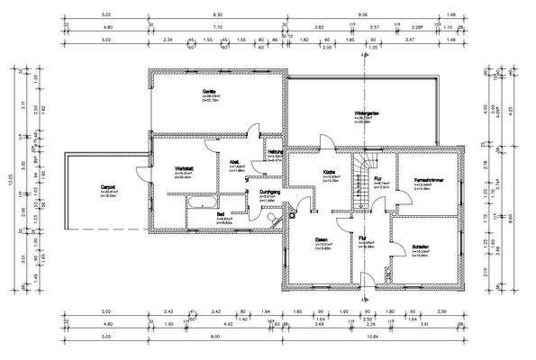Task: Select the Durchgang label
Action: tap(271, 192)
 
